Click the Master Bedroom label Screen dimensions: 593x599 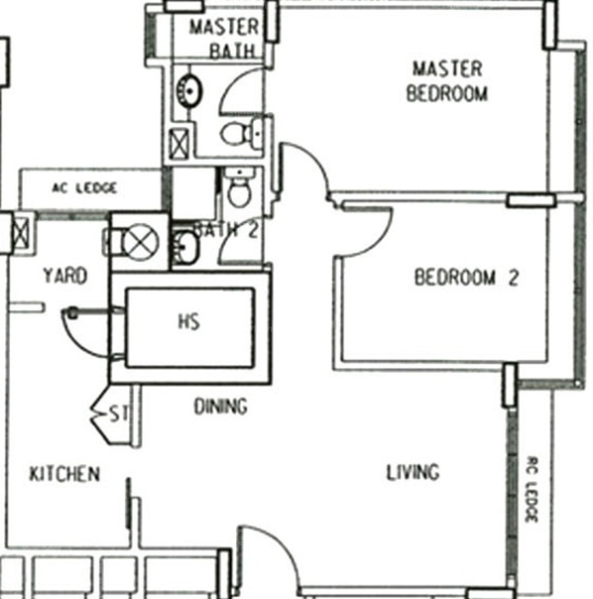[447, 82]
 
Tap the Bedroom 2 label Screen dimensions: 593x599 [466, 277]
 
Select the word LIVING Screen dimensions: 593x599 [413, 472]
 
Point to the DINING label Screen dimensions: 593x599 [221, 407]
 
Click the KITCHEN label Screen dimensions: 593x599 [65, 474]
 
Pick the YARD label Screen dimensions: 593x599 [65, 276]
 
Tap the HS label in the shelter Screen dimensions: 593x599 [189, 321]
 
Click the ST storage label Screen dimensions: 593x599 [119, 414]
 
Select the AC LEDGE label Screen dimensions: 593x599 [84, 188]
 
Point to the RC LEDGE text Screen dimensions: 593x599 [532, 489]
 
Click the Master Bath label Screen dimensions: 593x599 [225, 39]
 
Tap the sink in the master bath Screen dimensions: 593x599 [189, 91]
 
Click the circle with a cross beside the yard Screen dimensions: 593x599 [141, 242]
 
